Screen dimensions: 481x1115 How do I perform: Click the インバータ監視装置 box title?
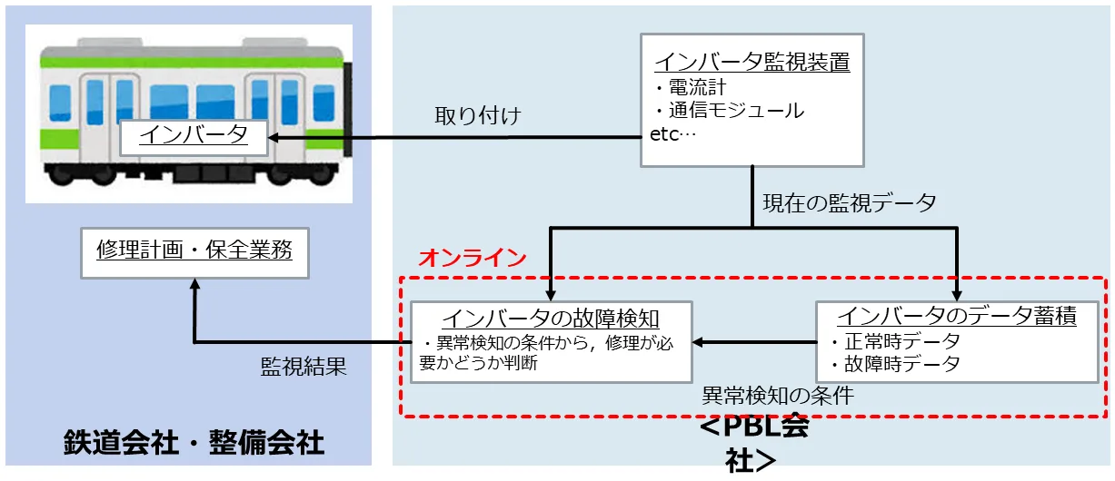click(x=752, y=62)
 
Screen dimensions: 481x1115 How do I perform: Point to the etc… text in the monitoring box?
click(x=672, y=134)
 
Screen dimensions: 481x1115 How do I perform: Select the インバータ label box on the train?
click(x=194, y=136)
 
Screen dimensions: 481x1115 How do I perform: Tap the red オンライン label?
click(x=472, y=257)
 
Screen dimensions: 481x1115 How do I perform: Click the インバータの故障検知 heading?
click(x=550, y=319)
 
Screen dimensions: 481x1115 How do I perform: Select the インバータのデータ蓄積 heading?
click(x=956, y=317)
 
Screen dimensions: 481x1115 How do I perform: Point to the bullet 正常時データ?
click(x=895, y=342)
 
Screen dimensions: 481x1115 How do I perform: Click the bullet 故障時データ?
click(x=895, y=364)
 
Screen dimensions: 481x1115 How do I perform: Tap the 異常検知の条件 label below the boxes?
click(x=778, y=396)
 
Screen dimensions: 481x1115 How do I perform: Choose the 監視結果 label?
click(x=304, y=367)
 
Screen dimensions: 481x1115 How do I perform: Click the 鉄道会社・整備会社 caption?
click(x=194, y=443)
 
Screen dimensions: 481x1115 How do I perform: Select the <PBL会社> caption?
click(x=753, y=444)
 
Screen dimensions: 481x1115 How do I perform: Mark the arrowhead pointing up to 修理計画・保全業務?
click(x=194, y=285)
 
